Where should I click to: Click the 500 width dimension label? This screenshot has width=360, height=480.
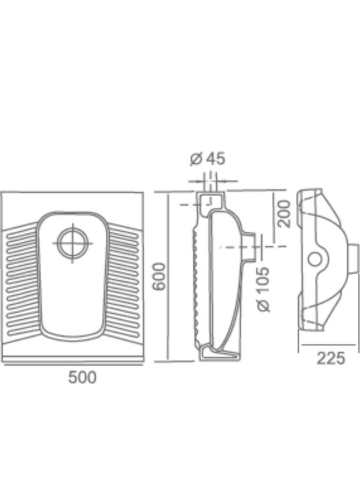tap(82, 377)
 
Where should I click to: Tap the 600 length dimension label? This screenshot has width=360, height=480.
tap(159, 276)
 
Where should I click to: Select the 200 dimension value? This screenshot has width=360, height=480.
tap(283, 214)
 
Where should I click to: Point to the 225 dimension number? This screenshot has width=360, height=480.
tap(331, 358)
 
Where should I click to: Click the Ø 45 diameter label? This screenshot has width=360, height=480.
tap(207, 159)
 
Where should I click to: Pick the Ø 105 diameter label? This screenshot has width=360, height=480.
tap(263, 289)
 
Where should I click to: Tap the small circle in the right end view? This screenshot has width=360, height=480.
tap(315, 259)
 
